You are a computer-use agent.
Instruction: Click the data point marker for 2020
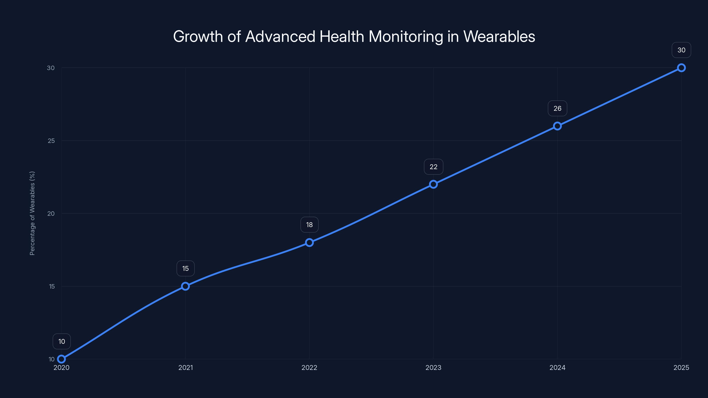click(62, 359)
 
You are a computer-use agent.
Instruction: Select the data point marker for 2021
click(186, 286)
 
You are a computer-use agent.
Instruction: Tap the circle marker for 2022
click(310, 243)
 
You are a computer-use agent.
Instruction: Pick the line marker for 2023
click(433, 184)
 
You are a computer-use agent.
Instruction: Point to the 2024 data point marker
click(557, 126)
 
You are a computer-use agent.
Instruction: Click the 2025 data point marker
click(681, 68)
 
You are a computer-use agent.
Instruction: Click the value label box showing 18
click(310, 225)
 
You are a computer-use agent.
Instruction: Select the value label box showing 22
click(433, 167)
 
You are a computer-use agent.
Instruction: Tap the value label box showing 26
click(557, 109)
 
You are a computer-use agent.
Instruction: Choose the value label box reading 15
click(186, 268)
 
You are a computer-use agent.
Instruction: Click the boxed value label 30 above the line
click(681, 50)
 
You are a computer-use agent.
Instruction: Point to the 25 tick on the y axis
click(51, 141)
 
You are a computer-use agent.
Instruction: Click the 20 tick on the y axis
click(51, 213)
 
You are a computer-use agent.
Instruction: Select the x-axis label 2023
click(433, 367)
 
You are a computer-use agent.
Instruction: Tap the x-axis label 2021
click(186, 367)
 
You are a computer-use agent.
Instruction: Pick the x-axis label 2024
click(557, 367)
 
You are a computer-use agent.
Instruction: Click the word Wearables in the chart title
click(499, 36)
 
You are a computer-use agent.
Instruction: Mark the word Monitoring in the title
click(406, 36)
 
